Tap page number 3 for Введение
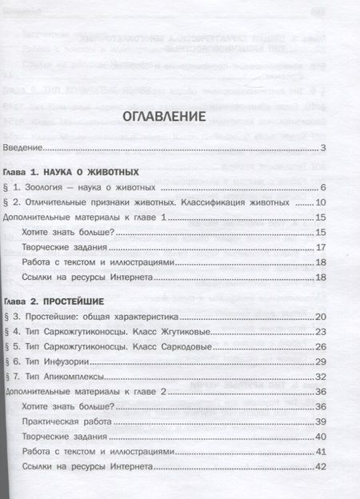pos(322,148)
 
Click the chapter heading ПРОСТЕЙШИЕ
pos(80,302)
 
